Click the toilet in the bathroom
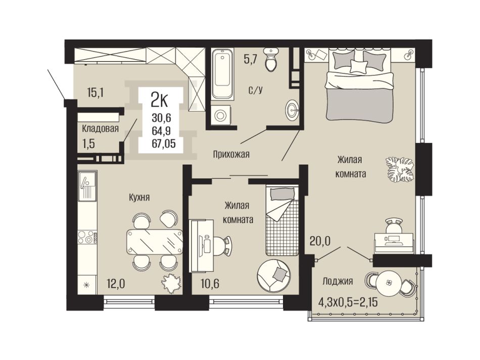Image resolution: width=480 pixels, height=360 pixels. [x=271, y=60]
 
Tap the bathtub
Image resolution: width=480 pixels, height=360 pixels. [x=222, y=73]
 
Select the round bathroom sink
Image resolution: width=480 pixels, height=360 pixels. [x=293, y=109]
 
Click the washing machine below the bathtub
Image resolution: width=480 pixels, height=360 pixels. [x=220, y=115]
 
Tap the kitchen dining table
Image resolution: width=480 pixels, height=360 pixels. [x=155, y=242]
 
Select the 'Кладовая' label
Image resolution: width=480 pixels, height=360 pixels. [x=100, y=129]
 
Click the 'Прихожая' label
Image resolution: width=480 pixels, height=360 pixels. [x=231, y=154]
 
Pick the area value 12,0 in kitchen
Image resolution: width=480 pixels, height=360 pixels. [x=116, y=284]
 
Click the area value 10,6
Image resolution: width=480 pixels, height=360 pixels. [x=210, y=284]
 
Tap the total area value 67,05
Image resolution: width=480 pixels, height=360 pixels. [x=164, y=143]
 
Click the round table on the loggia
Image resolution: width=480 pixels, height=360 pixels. [x=389, y=283]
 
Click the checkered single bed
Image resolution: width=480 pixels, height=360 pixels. [x=281, y=221]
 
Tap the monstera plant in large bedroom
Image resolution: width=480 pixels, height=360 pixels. [x=400, y=170]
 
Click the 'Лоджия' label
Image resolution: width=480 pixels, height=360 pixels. [x=338, y=281]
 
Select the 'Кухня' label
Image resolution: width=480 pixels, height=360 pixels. [x=139, y=197]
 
